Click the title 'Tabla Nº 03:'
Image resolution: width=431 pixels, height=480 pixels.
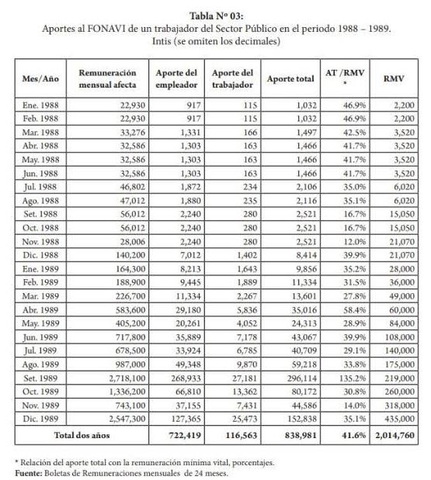(215, 14)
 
